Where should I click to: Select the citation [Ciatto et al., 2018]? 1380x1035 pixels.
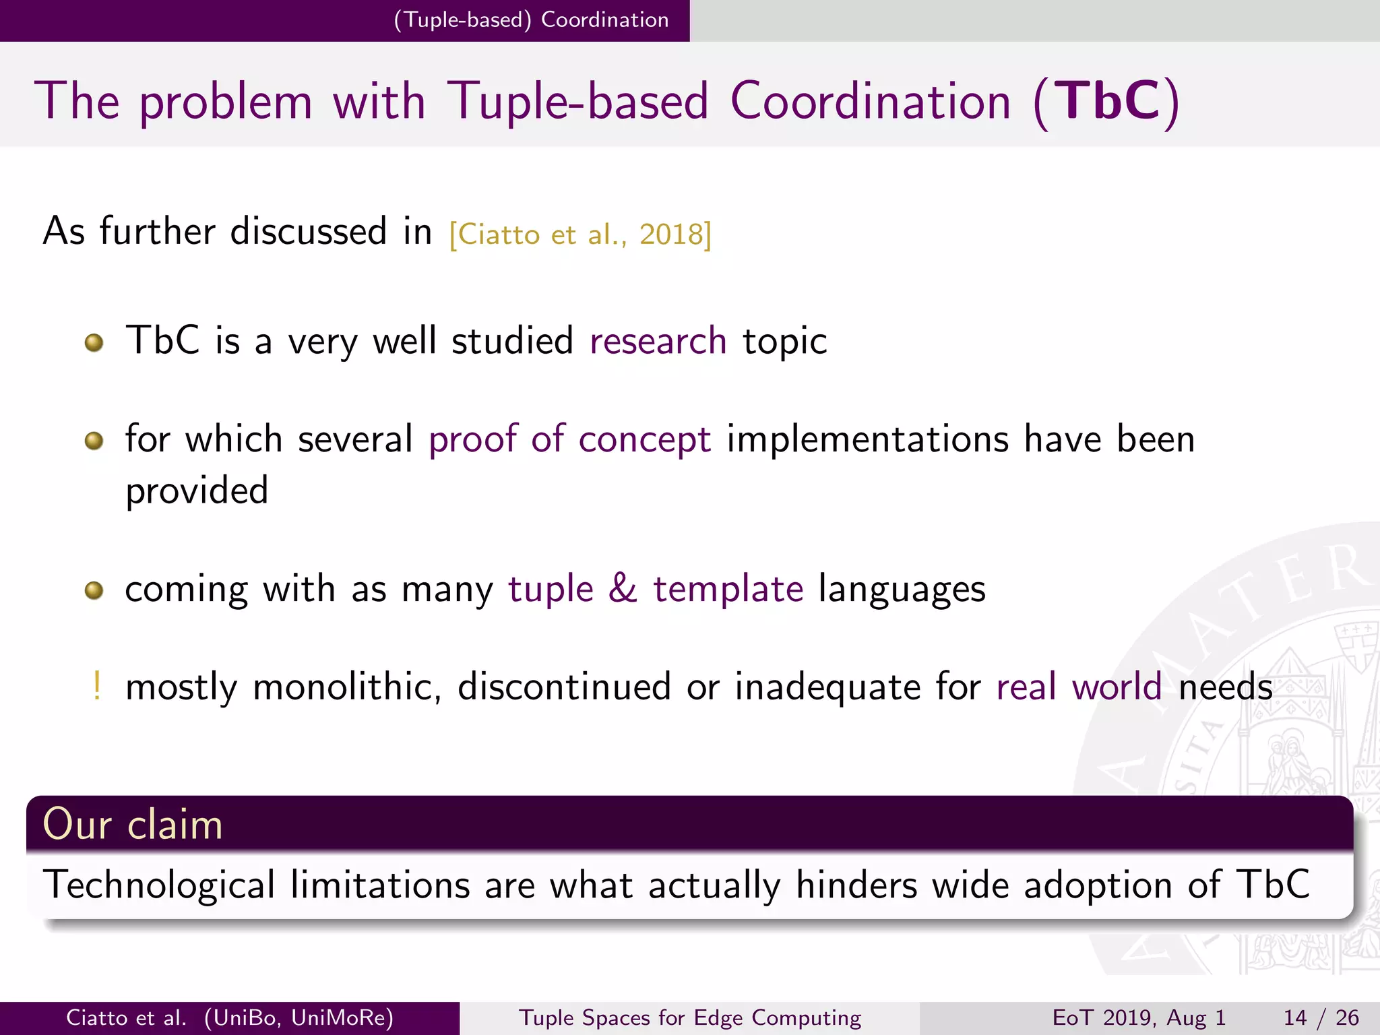pos(580,235)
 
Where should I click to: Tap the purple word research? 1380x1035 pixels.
pos(658,340)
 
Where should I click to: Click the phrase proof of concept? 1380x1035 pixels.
pos(569,439)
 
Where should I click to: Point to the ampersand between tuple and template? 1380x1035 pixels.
pos(623,588)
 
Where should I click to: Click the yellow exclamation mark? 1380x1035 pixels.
pos(97,686)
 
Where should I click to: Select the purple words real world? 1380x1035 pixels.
pos(1079,687)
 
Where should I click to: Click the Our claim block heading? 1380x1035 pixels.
pos(133,824)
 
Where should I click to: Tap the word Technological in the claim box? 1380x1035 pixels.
pos(159,885)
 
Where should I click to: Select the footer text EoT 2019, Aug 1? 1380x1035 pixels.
pos(1139,1017)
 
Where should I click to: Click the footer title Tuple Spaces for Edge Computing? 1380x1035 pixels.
pos(690,1017)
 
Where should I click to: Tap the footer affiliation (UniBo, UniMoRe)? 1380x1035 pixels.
pos(299,1017)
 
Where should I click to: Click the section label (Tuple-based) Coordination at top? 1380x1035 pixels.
pos(531,20)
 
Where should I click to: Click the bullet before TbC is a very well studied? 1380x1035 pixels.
pos(94,342)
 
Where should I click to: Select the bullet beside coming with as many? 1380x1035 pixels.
pos(94,591)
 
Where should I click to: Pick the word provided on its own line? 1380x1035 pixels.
pos(197,491)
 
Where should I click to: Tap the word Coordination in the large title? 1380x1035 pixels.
pos(870,101)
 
